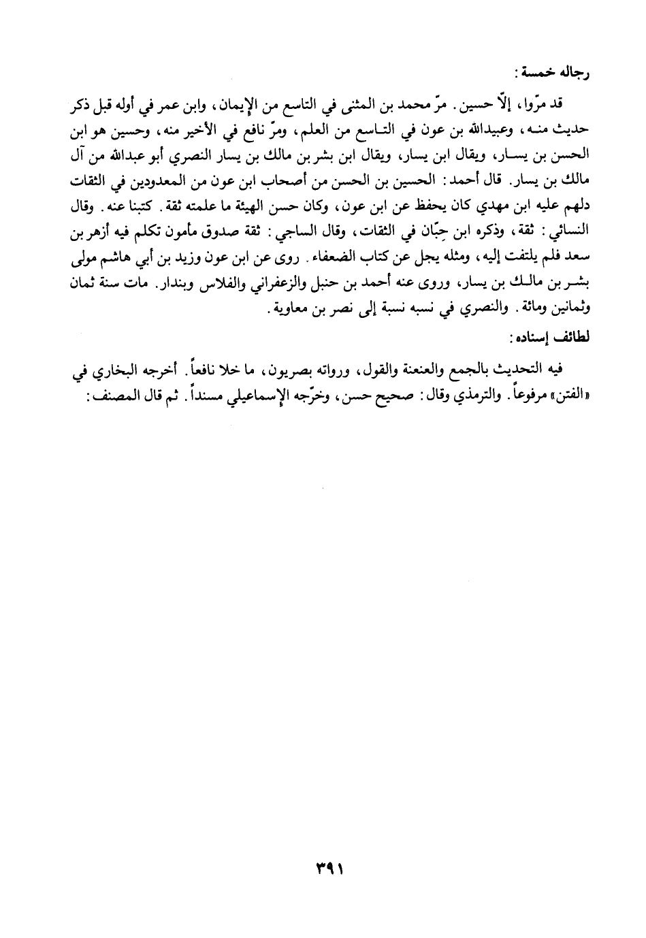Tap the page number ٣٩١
coord(323,870)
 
